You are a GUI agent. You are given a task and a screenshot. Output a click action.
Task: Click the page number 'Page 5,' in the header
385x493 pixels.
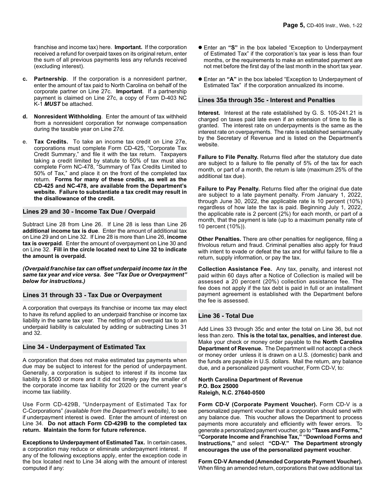(293, 25)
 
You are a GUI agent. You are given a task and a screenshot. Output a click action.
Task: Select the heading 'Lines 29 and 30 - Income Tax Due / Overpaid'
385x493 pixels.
(88, 212)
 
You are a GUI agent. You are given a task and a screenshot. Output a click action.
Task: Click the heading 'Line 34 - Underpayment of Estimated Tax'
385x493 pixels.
(84, 347)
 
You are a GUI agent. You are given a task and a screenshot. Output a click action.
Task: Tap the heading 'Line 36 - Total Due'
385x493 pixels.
(226, 316)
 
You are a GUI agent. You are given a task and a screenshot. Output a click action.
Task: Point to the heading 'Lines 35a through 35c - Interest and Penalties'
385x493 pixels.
(266, 100)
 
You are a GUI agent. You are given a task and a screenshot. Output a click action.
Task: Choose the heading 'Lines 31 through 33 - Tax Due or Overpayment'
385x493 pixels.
(92, 295)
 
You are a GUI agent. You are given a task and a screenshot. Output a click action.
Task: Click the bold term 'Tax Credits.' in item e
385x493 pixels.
(51, 141)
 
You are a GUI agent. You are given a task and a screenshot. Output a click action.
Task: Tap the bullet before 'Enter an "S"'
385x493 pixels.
(200, 47)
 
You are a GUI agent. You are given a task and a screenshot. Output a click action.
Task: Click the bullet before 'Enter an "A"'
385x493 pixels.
(200, 79)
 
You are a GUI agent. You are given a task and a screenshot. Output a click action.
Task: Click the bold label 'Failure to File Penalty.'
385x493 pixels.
(228, 157)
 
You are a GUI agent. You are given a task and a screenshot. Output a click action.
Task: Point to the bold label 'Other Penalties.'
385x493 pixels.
(219, 239)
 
